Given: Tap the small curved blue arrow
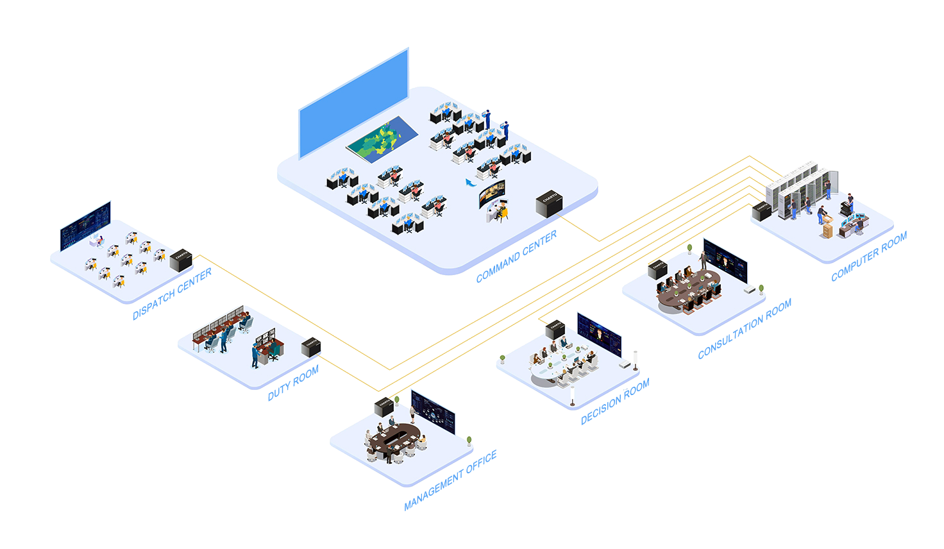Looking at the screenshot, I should click(471, 183).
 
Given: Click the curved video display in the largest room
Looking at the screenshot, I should click(492, 193).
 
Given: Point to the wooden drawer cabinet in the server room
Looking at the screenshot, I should click(829, 231).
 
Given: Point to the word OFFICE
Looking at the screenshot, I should click(484, 460).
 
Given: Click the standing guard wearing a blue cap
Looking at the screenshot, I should click(255, 355).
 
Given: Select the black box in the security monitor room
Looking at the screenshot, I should click(311, 346).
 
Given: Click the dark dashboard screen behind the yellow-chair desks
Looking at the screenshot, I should click(85, 226).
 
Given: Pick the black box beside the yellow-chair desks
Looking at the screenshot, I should click(181, 259).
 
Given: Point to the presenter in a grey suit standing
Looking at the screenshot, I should click(704, 260).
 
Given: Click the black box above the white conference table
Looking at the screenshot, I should click(555, 329).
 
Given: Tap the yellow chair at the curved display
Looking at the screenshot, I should click(502, 210).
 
